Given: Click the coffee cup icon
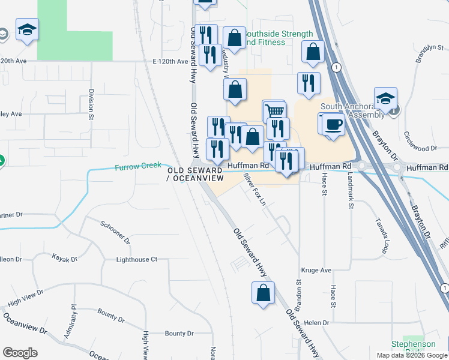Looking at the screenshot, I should (x=333, y=124).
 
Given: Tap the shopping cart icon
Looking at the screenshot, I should (x=274, y=111).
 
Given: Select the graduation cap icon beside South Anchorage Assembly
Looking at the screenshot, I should (x=385, y=98).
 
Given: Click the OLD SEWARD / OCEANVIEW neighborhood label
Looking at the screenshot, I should (x=195, y=175).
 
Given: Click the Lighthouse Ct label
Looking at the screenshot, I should (x=136, y=259).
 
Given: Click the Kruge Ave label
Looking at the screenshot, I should (x=316, y=271).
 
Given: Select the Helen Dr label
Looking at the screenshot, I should (x=318, y=323).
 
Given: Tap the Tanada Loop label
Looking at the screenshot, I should (x=385, y=236).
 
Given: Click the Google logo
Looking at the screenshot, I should (x=20, y=353).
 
